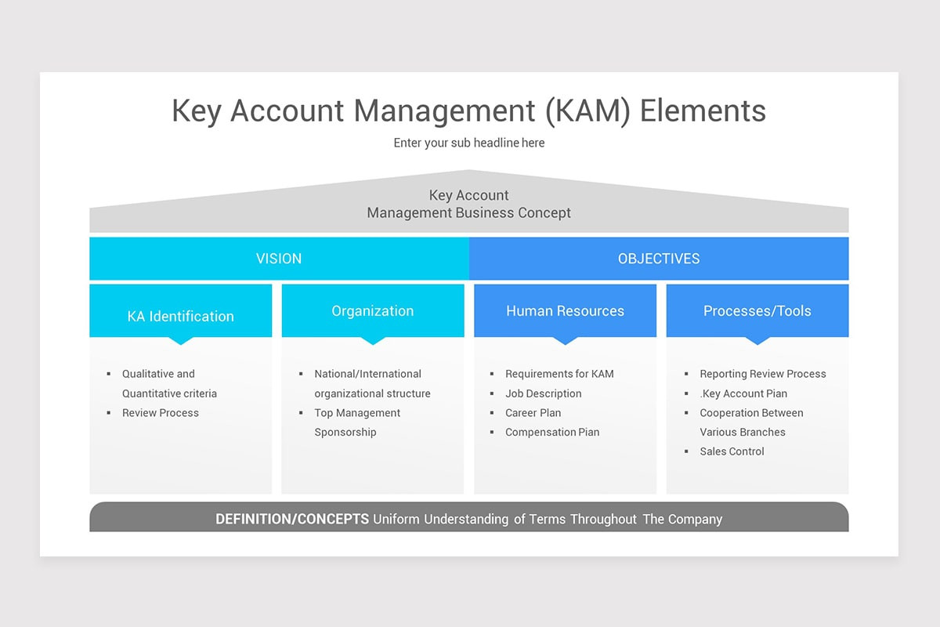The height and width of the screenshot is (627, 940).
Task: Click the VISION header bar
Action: point(279,259)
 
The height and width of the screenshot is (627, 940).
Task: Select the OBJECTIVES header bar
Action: point(658,259)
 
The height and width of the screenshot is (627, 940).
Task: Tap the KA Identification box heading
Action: point(180,316)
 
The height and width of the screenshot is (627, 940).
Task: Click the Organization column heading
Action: point(372,311)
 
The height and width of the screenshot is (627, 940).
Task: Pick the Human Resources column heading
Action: point(565,311)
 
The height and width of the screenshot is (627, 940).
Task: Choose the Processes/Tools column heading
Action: point(757,311)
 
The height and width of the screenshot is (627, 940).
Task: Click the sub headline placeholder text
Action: point(468,143)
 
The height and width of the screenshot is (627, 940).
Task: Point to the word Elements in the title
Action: point(703,111)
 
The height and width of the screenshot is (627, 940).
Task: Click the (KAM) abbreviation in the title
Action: point(580,111)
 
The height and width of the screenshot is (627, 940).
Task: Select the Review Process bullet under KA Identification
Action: point(160,413)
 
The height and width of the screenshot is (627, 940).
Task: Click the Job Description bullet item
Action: point(543,393)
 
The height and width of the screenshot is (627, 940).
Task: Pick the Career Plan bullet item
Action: point(533,413)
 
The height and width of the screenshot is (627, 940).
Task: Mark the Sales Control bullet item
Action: point(732,451)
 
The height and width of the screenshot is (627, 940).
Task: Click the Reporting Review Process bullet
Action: point(762,374)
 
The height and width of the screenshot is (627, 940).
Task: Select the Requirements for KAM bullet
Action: point(559,374)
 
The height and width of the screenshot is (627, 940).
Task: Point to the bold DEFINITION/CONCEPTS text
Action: point(292,519)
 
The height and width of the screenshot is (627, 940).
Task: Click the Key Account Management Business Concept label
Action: point(468,204)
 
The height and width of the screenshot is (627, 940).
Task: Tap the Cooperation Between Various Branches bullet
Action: point(750,422)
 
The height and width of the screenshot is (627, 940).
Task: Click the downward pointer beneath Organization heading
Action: point(373,341)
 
